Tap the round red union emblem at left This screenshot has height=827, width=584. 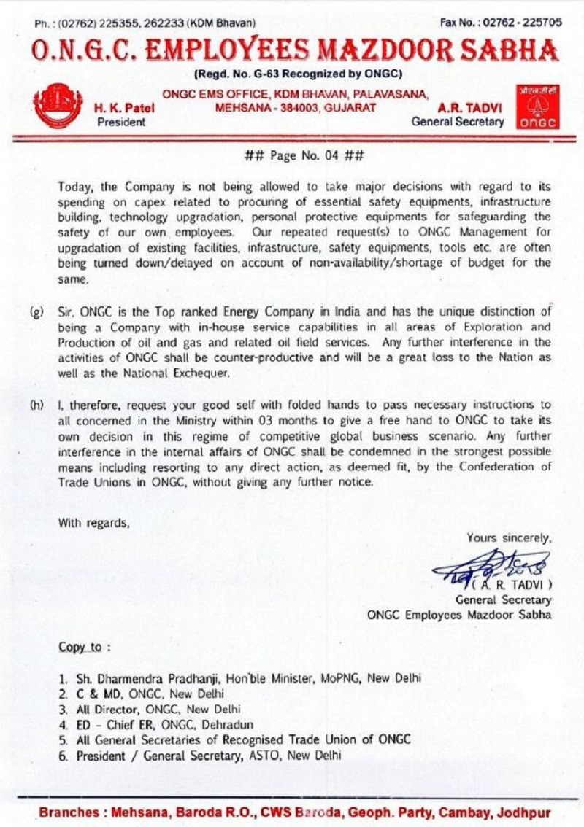tap(58, 106)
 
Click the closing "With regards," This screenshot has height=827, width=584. tap(95, 522)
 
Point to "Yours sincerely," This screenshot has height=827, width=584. tap(509, 538)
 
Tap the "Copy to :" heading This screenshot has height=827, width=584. tap(85, 648)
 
